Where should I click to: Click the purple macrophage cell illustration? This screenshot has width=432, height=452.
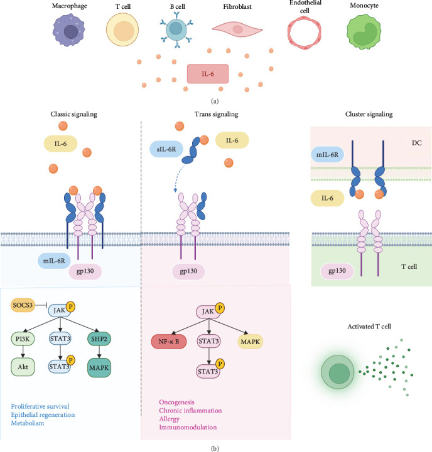(68, 30)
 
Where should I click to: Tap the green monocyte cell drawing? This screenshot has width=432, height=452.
(364, 31)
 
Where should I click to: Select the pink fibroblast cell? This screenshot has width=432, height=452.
(237, 29)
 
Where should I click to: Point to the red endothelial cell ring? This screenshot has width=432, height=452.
(305, 33)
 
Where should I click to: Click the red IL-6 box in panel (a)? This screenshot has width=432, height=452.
(208, 74)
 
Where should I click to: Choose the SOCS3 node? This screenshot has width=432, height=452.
(23, 305)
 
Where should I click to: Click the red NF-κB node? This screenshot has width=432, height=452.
(169, 342)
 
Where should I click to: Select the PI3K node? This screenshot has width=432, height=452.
(23, 339)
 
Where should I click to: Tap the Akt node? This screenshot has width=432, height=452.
(23, 367)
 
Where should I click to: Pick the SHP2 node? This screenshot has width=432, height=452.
(99, 339)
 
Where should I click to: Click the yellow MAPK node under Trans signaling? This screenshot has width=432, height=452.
(250, 342)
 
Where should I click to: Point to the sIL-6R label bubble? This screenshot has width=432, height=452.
(166, 149)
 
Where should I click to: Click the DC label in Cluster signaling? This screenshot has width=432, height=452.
(416, 143)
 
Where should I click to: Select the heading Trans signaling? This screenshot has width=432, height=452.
(216, 114)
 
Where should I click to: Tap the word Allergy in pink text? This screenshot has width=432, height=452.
(169, 419)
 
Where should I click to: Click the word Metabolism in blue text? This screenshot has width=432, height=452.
(28, 423)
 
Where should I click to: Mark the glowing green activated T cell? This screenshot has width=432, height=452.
(338, 372)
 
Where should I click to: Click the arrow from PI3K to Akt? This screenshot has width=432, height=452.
(23, 352)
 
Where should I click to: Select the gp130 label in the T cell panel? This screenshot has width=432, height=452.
(337, 271)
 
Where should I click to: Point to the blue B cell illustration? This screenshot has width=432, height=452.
(176, 29)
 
